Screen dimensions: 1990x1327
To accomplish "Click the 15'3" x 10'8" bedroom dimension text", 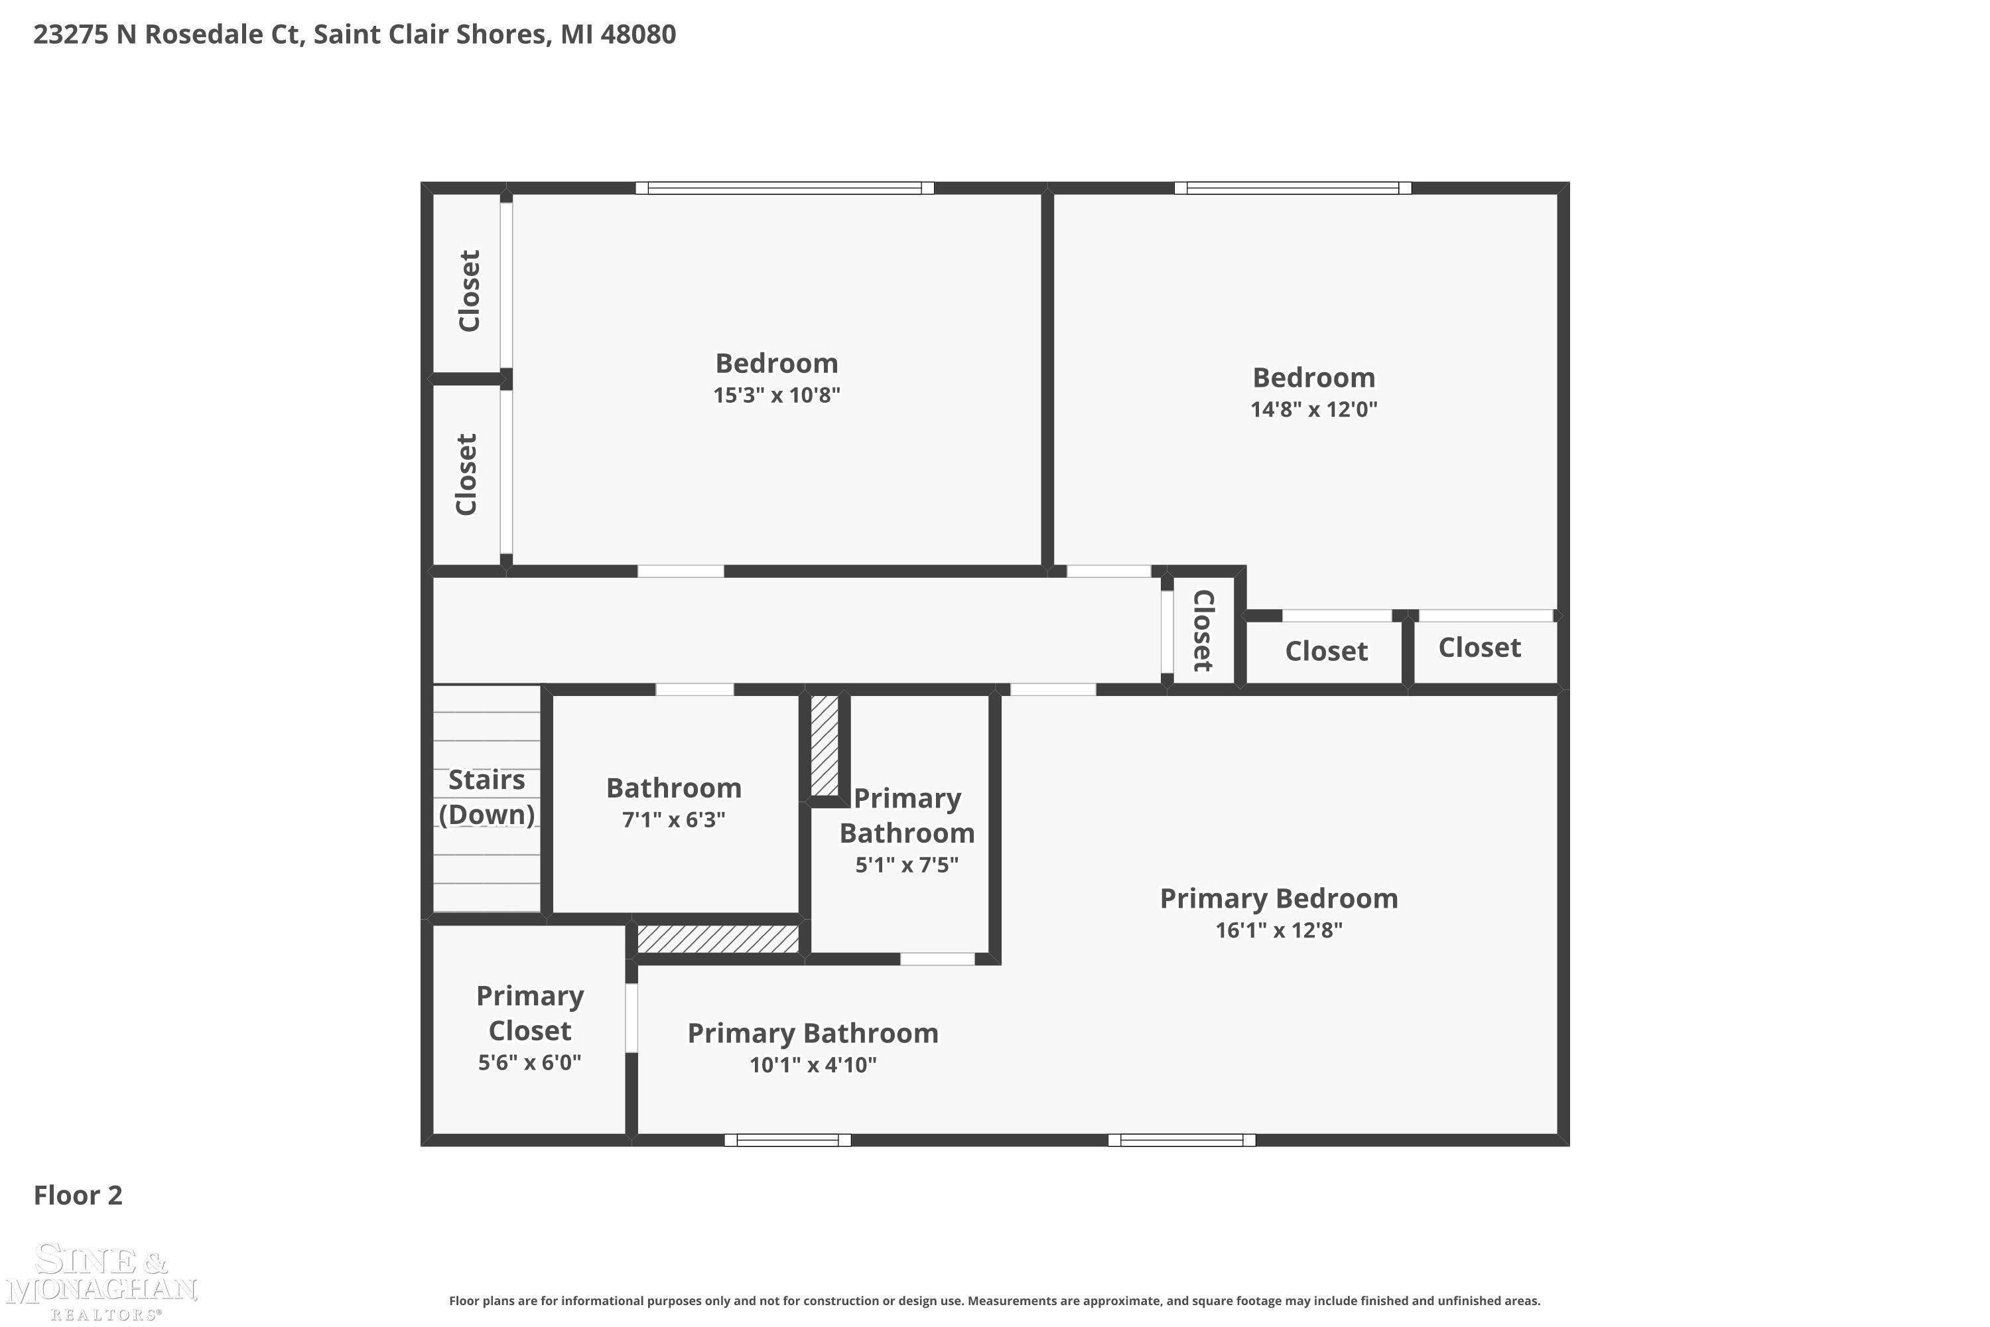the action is coord(776,395).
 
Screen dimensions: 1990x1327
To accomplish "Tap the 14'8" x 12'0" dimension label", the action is coord(1313,409).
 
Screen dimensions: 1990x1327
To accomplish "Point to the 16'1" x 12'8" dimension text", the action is coord(1278,930).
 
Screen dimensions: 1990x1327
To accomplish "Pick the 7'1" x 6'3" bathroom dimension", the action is coord(673,820).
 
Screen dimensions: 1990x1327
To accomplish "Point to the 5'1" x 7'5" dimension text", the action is coord(906,865).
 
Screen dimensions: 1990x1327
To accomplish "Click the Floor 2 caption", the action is coord(78,1195).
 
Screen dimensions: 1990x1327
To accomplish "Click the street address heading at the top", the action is coord(354,35).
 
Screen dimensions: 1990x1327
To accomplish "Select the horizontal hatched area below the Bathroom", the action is coord(718,939).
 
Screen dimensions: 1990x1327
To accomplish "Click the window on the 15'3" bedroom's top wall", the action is coord(784,188).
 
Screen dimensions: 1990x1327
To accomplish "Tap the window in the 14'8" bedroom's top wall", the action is coord(1292,188).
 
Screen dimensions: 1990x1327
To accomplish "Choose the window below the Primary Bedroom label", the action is coord(1181,1140).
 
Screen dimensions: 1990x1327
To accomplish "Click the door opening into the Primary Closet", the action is coord(631,1018).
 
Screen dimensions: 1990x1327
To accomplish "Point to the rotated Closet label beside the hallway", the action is coord(1202,630).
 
